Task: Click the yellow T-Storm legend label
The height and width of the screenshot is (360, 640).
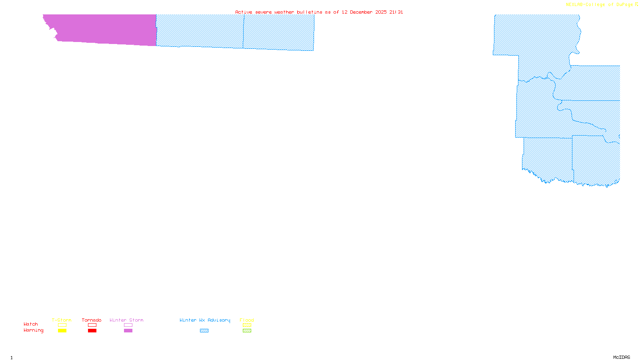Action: coord(62,320)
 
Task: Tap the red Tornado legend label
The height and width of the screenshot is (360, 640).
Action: coord(92,320)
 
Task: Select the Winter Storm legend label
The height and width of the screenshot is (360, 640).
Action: coord(126,320)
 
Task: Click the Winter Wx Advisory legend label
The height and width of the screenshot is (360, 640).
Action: coord(205,320)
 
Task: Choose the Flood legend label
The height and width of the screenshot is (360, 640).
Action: coord(247,320)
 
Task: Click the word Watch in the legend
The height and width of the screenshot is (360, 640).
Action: coord(31,324)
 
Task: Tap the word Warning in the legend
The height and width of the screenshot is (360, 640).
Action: coord(34,330)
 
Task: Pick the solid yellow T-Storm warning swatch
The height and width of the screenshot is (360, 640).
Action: coord(62,331)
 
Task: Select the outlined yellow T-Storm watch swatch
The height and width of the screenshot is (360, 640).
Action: coord(62,325)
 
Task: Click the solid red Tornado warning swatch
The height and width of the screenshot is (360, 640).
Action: coord(92,331)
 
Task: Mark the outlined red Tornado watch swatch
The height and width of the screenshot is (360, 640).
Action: coord(92,325)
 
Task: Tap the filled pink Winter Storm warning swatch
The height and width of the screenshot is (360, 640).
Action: coord(128,331)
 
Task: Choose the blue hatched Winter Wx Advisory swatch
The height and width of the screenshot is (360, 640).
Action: coord(204,331)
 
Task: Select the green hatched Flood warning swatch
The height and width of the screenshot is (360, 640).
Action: coord(247,331)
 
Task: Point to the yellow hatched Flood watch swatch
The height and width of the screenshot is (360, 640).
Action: coord(247,325)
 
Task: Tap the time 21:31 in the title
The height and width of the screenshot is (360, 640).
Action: coord(396,12)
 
